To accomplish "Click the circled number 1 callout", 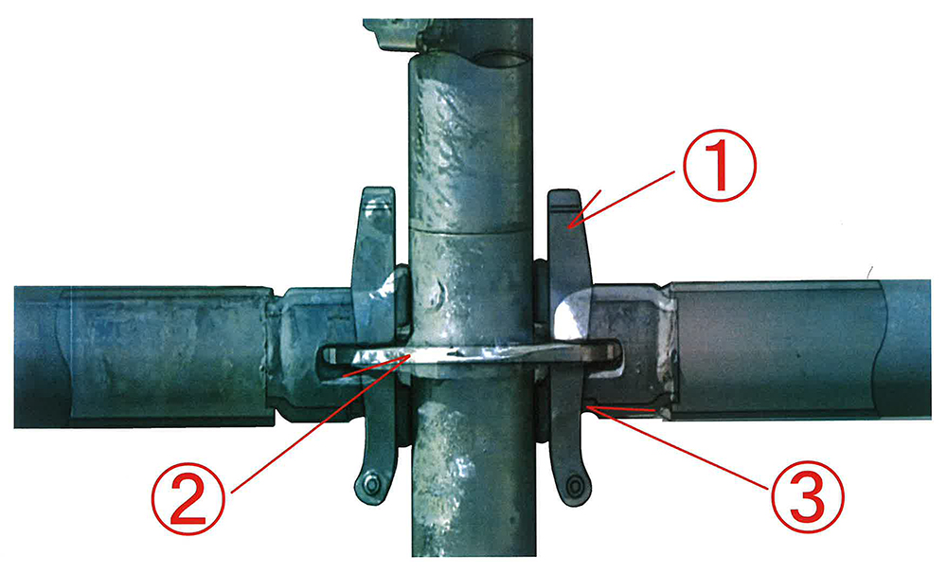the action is point(719,165).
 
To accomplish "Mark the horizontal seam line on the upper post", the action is point(470,229).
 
